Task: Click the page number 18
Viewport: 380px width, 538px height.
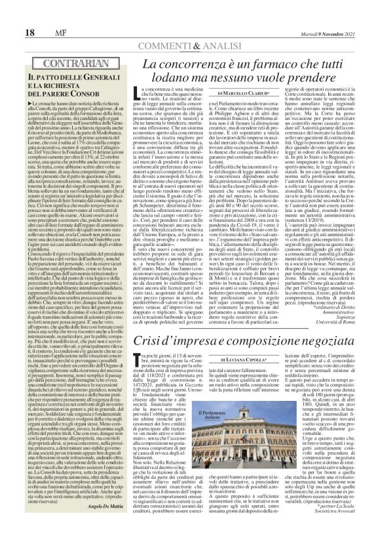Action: coord(12,15)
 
